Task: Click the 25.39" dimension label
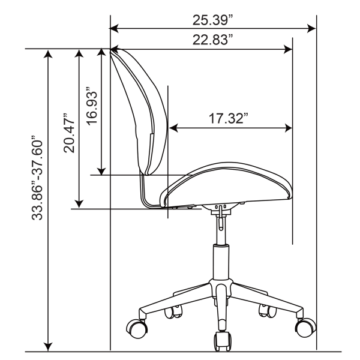point(213,20)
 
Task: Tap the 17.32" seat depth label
point(229,118)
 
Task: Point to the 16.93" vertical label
point(92,106)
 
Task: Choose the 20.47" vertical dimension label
point(69,133)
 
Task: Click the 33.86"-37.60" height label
point(37,178)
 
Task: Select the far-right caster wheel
point(305,328)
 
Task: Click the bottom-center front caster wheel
point(222,341)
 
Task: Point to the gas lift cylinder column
point(221,262)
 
